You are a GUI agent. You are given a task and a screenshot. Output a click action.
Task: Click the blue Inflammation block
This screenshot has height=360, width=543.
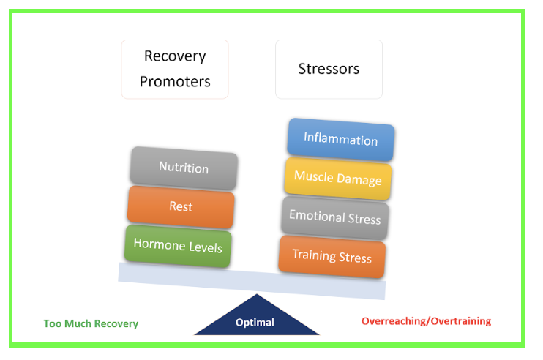point(341,140)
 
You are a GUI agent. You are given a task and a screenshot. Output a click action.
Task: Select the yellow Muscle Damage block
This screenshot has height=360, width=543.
point(338,179)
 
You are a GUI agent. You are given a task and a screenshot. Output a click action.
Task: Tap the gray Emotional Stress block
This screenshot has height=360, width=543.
point(335,218)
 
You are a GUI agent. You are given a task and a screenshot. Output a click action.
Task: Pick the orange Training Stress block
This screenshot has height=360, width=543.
point(332,257)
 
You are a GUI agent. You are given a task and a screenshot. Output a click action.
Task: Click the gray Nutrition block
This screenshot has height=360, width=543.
point(184,168)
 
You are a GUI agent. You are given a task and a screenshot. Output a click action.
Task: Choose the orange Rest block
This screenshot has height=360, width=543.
point(181,207)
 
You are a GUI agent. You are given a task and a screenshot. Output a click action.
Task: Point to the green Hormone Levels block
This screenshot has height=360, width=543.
point(178,246)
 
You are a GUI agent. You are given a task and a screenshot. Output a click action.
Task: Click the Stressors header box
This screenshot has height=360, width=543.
point(329,70)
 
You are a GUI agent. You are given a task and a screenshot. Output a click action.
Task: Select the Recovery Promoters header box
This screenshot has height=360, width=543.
point(175,70)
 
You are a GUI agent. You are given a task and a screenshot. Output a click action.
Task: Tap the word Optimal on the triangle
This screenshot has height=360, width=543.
point(255,323)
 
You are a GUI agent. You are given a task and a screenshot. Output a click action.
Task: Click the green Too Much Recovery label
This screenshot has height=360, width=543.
point(91,323)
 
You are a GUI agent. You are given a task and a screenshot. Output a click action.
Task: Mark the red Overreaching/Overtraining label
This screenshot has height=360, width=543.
point(427,321)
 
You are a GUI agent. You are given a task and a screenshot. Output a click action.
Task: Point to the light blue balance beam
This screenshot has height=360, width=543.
point(252,281)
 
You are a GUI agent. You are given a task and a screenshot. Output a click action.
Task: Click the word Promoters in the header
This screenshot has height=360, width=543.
point(175,82)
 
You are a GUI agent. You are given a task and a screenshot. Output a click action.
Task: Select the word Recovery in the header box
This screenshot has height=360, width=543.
point(175,57)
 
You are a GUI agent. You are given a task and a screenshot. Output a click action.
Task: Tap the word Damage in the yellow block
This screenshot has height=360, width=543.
point(359,180)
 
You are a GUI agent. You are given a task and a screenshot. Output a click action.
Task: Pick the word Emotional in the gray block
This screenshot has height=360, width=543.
point(317,216)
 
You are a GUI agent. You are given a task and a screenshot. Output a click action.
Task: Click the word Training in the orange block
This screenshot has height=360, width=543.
point(314,255)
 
